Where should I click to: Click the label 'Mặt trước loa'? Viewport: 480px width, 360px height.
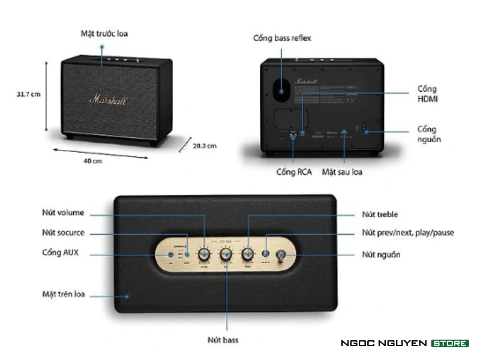click(104, 33)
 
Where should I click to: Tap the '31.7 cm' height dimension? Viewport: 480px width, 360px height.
click(28, 94)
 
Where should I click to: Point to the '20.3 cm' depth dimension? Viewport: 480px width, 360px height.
click(204, 145)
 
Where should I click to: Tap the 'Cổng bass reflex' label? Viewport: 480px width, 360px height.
click(282, 38)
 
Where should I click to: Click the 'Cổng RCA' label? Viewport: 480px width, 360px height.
click(293, 172)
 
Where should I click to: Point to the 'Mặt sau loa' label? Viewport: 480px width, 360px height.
click(343, 172)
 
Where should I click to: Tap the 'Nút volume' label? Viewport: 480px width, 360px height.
click(63, 212)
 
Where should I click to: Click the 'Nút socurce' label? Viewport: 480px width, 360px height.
click(63, 232)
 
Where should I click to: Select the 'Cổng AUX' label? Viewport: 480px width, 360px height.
click(61, 253)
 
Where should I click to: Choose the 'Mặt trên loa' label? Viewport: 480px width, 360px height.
click(64, 295)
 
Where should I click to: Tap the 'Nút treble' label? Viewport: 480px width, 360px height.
click(380, 214)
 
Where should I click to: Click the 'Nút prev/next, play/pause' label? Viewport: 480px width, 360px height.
click(408, 233)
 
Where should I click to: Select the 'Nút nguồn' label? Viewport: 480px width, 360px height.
click(381, 254)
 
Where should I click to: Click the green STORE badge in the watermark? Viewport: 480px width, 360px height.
click(450, 343)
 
